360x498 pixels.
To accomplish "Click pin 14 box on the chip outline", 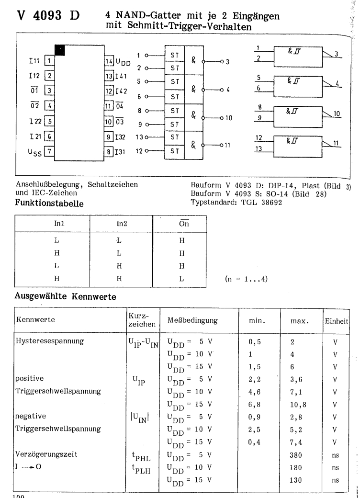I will click(109, 62).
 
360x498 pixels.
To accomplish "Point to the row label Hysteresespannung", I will click(47, 341).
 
